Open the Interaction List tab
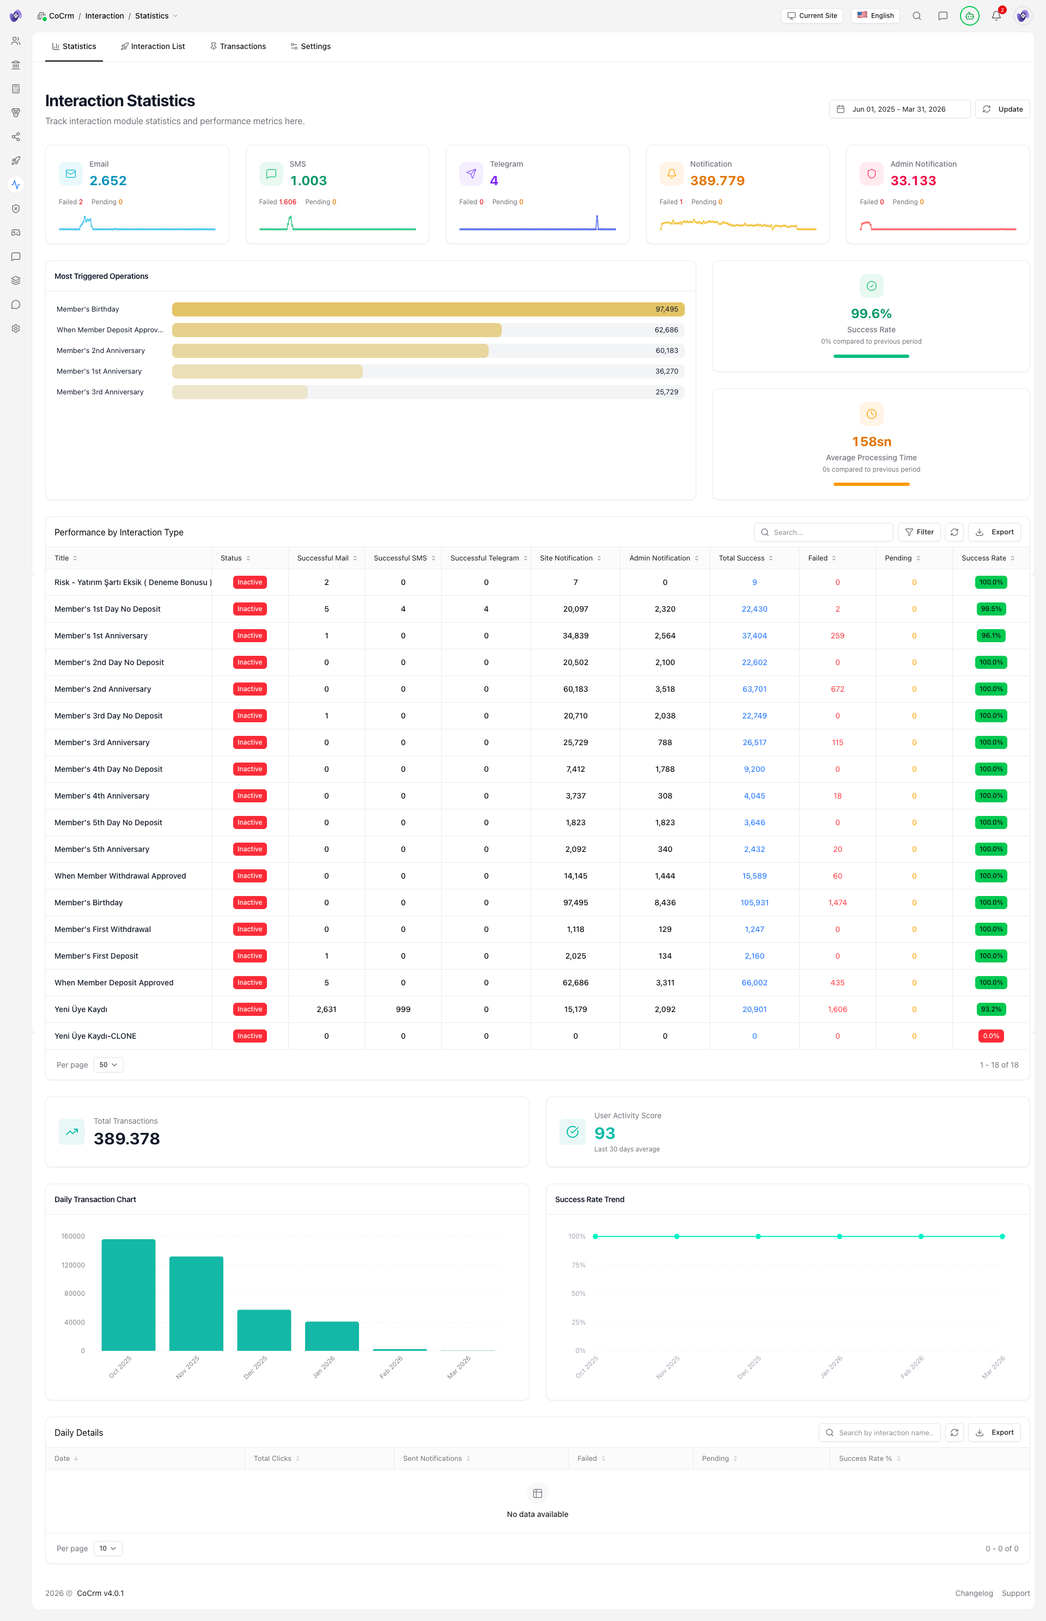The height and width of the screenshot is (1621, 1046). tap(153, 46)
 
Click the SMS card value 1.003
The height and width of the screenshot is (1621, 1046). tap(308, 181)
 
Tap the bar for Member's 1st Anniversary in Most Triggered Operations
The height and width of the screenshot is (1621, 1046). tap(267, 371)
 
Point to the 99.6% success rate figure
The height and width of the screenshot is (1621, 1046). tap(871, 314)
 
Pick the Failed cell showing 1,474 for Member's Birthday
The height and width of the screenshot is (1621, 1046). tap(837, 903)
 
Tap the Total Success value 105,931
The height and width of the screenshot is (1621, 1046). tap(754, 903)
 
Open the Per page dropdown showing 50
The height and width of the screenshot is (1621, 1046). tap(108, 1065)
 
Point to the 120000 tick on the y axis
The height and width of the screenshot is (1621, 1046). tap(74, 1265)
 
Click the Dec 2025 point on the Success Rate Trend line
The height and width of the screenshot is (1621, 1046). tap(758, 1236)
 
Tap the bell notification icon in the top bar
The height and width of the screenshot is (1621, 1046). tap(996, 16)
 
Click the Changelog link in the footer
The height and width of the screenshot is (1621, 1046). tap(974, 1593)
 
